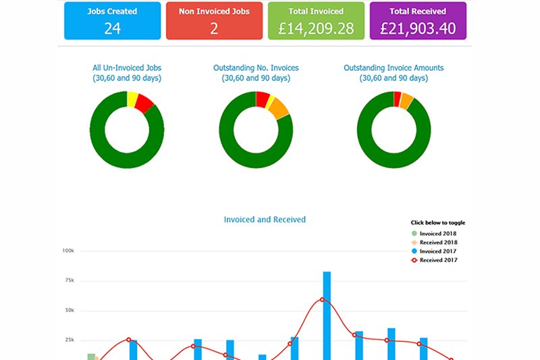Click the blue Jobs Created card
112,20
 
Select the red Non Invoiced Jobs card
214,20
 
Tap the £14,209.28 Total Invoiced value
316,29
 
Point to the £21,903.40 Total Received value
418,29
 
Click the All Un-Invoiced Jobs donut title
127,73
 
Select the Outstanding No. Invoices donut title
256,73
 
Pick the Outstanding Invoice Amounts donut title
394,73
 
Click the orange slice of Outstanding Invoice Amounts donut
406,101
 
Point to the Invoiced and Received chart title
265,220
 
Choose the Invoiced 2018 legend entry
438,234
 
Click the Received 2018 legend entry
438,242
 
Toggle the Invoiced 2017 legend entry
438,251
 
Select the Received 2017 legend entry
438,260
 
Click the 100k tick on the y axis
67,251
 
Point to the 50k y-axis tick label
68,311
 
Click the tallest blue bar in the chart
327,314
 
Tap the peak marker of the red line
323,299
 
